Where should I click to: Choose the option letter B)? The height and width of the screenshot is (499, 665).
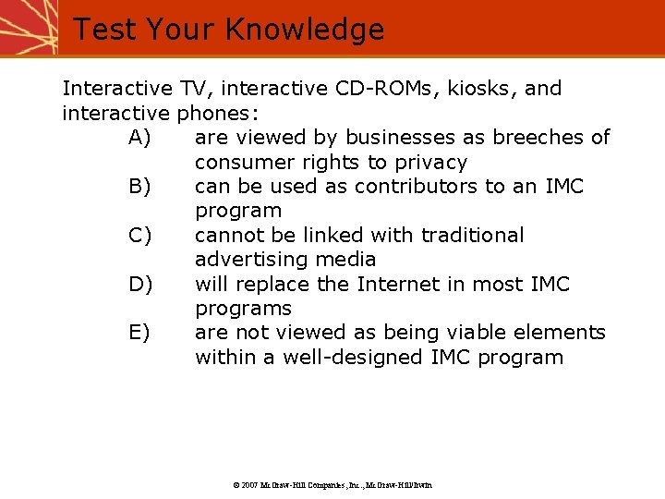[x=140, y=187]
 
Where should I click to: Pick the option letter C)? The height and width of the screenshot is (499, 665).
[x=140, y=236]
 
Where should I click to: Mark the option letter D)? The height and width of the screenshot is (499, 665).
[x=140, y=284]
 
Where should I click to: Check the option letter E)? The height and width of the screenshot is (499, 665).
[x=140, y=333]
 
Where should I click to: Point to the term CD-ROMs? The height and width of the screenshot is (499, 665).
[x=378, y=89]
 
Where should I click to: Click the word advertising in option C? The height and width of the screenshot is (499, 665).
[x=247, y=260]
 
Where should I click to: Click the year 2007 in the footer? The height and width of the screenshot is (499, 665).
[x=249, y=484]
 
